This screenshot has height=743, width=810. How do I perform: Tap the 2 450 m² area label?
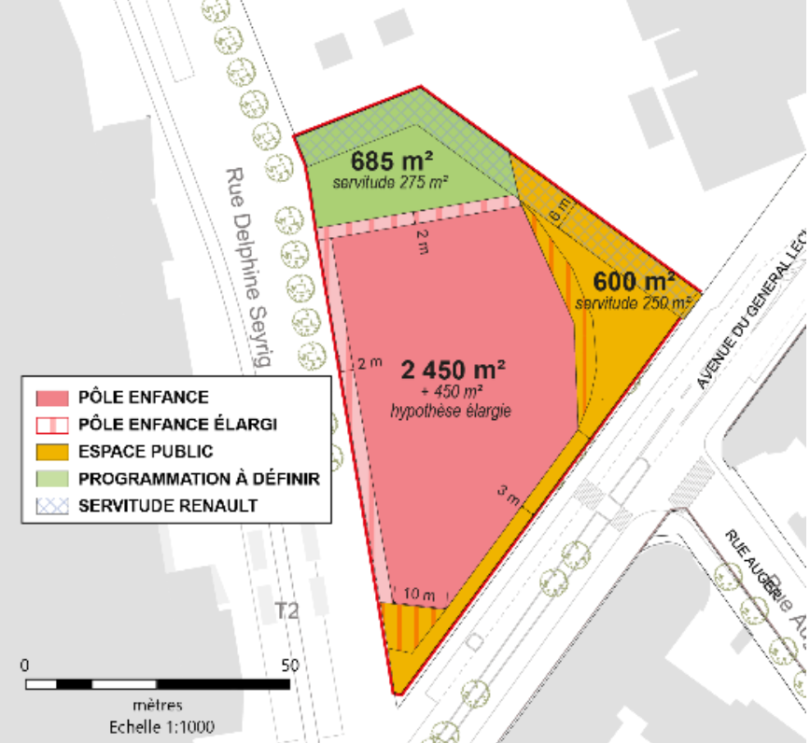tap(454, 369)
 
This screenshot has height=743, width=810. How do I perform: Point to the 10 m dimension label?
tap(419, 594)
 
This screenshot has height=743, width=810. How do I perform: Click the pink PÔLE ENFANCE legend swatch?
tap(52, 398)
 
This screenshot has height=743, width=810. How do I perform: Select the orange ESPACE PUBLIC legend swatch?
tap(52, 452)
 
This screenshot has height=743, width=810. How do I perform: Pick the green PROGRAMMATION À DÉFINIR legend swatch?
tap(52, 479)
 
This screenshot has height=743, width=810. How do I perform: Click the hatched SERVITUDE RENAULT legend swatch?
tap(52, 506)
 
